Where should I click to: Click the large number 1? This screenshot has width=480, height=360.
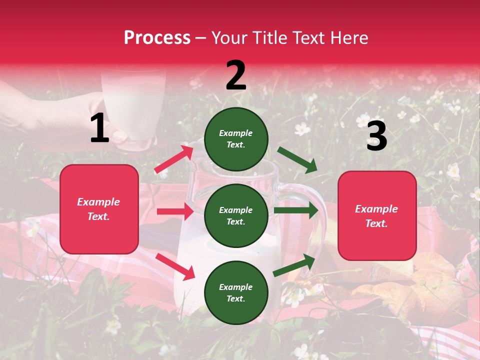tap(99, 128)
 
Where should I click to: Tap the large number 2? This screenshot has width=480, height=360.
tap(236, 75)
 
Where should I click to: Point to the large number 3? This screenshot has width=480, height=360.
tap(376, 136)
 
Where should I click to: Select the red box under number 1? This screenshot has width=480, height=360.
tap(99, 209)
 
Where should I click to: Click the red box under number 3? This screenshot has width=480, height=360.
tap(377, 215)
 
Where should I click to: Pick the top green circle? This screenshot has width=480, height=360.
tap(236, 139)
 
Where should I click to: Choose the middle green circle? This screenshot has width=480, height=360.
tap(236, 215)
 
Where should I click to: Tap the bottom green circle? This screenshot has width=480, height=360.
tap(236, 292)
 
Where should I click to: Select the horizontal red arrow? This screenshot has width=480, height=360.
tap(175, 211)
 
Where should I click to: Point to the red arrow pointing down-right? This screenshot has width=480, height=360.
tap(175, 266)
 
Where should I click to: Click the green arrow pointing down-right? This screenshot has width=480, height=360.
tap(297, 159)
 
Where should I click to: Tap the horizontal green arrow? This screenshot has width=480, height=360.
tap(295, 210)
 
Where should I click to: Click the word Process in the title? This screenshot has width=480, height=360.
tap(157, 37)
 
